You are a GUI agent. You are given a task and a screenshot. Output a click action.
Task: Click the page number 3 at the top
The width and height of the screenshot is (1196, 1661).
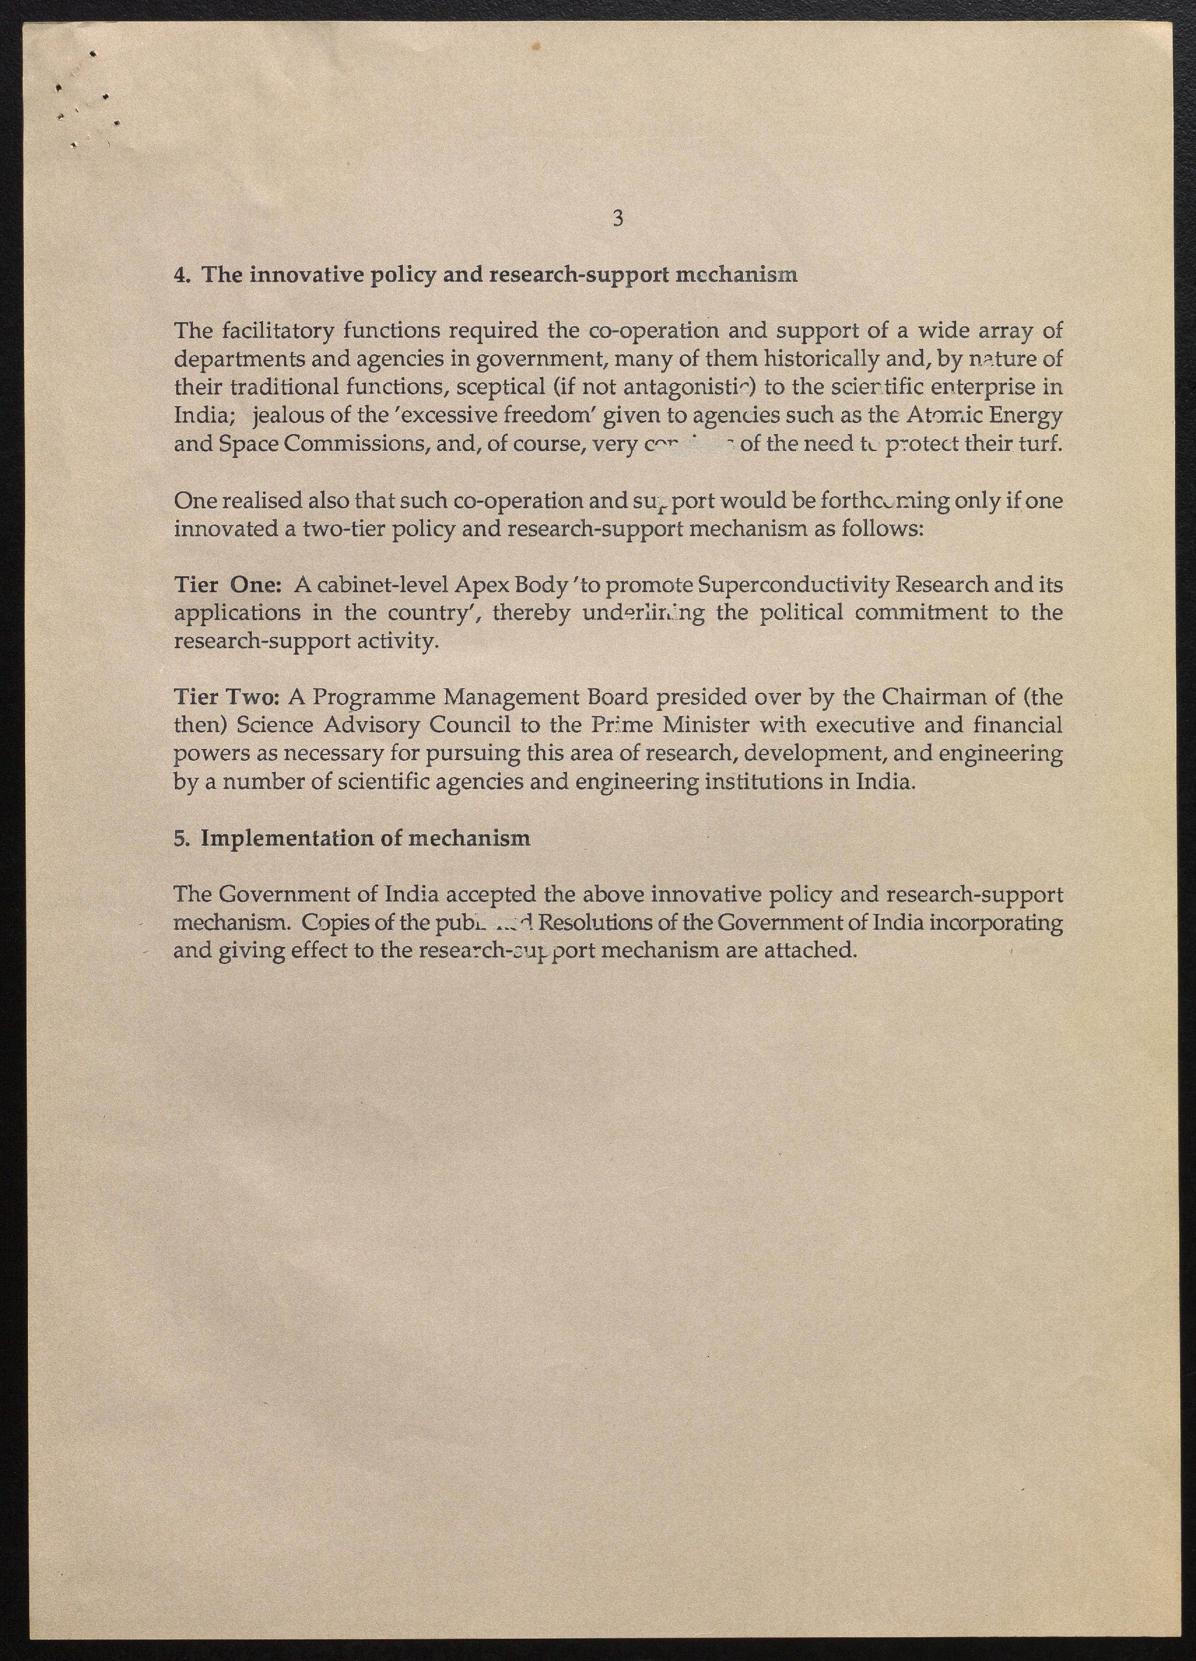pos(617,218)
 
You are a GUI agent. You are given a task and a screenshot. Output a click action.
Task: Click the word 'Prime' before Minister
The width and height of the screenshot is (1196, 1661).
pos(622,726)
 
